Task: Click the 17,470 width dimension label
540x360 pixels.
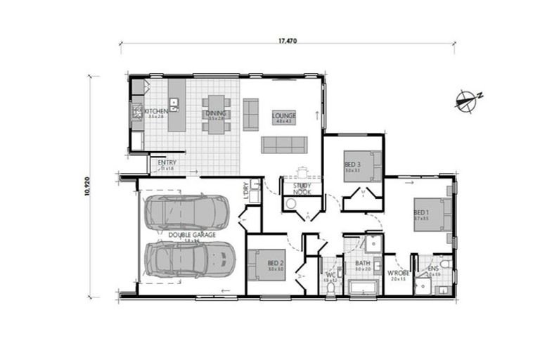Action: (x=287, y=41)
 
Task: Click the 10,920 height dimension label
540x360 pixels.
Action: (x=89, y=186)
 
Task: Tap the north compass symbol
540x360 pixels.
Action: (x=466, y=102)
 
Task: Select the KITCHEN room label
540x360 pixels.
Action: (x=155, y=112)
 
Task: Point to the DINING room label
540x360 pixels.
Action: (x=215, y=113)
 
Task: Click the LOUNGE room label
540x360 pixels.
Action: (x=284, y=115)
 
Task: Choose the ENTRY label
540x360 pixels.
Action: (x=167, y=163)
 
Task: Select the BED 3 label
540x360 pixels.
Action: (x=352, y=165)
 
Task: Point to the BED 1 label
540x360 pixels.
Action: (x=420, y=212)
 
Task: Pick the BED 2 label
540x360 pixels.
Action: (x=274, y=264)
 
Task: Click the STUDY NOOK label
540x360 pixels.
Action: (x=302, y=188)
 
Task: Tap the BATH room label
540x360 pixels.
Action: (x=362, y=264)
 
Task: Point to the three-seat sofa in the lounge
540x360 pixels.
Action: (x=284, y=145)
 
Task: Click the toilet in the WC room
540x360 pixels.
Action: (x=331, y=287)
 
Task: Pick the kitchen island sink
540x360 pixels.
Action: (x=174, y=105)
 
